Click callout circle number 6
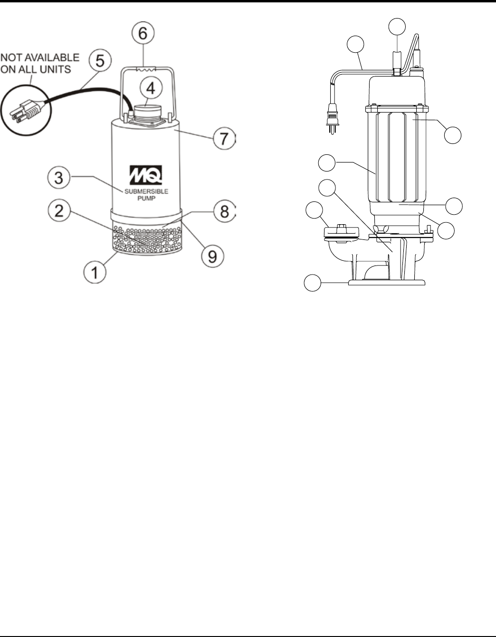click(143, 33)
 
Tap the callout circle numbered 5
click(100, 60)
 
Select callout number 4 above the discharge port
click(151, 88)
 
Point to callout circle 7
click(224, 138)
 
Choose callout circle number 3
click(59, 178)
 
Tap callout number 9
click(212, 256)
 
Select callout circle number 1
click(95, 272)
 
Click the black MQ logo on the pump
click(146, 175)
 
